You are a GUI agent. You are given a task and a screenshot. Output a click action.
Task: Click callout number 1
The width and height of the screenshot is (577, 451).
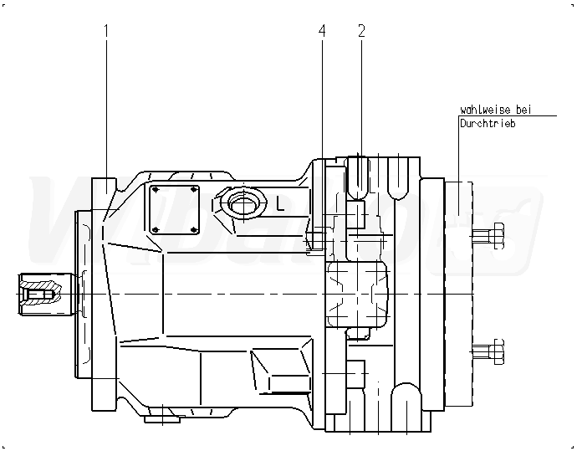pyautogui.click(x=106, y=31)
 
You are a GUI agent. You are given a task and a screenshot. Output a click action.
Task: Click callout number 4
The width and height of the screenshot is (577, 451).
pyautogui.click(x=322, y=31)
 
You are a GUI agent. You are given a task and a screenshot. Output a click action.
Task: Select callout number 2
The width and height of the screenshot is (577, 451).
pyautogui.click(x=361, y=31)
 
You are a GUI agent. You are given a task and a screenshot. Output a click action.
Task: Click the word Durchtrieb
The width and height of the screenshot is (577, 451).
pyautogui.click(x=488, y=123)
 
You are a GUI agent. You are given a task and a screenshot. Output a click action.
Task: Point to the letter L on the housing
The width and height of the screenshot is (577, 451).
pyautogui.click(x=280, y=203)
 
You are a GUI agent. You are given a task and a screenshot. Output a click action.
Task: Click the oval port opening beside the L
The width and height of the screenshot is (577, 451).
pyautogui.click(x=243, y=203)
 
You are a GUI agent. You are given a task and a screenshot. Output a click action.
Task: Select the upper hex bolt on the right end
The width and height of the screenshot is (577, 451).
pyautogui.click(x=488, y=236)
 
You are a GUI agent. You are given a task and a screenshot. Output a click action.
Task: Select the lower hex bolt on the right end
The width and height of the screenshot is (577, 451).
pyautogui.click(x=488, y=351)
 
